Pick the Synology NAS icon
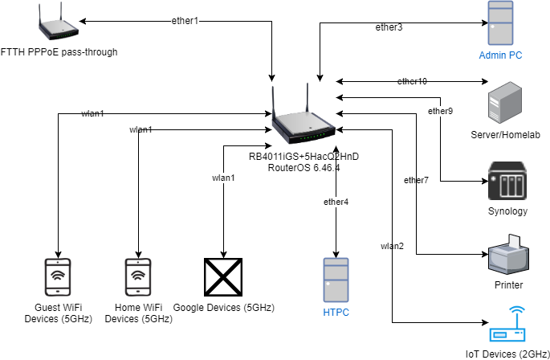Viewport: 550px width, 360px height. [507, 182]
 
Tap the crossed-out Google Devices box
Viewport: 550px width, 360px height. [222, 278]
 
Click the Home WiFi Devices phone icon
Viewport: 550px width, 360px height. [139, 278]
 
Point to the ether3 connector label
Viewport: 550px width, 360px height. [389, 28]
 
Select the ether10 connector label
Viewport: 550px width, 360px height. [412, 81]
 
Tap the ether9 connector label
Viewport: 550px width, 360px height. [440, 111]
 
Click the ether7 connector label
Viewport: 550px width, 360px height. [416, 180]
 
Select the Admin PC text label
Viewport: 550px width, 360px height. [501, 55]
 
